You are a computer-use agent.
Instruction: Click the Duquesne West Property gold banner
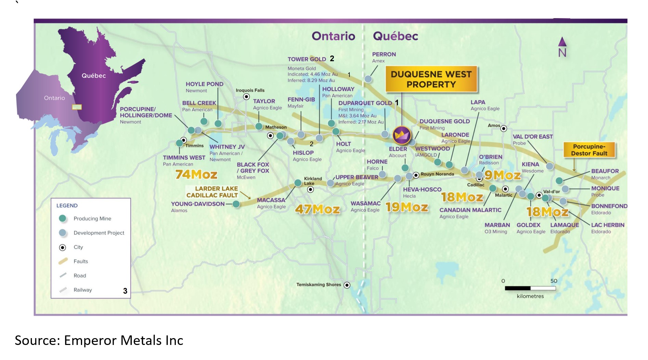pos(431,79)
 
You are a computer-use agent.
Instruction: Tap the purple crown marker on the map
pos(402,135)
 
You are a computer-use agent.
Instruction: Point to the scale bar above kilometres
pos(530,288)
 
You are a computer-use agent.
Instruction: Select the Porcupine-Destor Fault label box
pos(589,150)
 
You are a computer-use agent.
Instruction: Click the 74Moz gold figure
pos(196,175)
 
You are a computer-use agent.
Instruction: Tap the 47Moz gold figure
pos(317,209)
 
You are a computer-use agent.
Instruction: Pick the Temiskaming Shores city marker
pos(347,285)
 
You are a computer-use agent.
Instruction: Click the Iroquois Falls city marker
pos(246,97)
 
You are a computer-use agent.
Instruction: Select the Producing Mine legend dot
pos(62,218)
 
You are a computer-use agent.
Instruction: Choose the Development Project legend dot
pos(62,233)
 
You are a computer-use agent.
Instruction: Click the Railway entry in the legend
pos(82,290)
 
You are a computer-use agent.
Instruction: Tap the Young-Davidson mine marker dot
pos(236,204)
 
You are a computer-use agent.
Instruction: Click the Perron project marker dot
pos(368,79)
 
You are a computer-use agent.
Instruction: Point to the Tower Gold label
pos(307,59)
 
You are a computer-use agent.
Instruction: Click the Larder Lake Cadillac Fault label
pos(212,192)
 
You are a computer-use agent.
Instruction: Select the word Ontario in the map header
pos(333,36)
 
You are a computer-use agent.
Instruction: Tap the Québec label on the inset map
pos(93,76)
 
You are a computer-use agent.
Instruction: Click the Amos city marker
pos(504,129)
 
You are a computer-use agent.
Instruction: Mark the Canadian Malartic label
pos(470,210)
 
